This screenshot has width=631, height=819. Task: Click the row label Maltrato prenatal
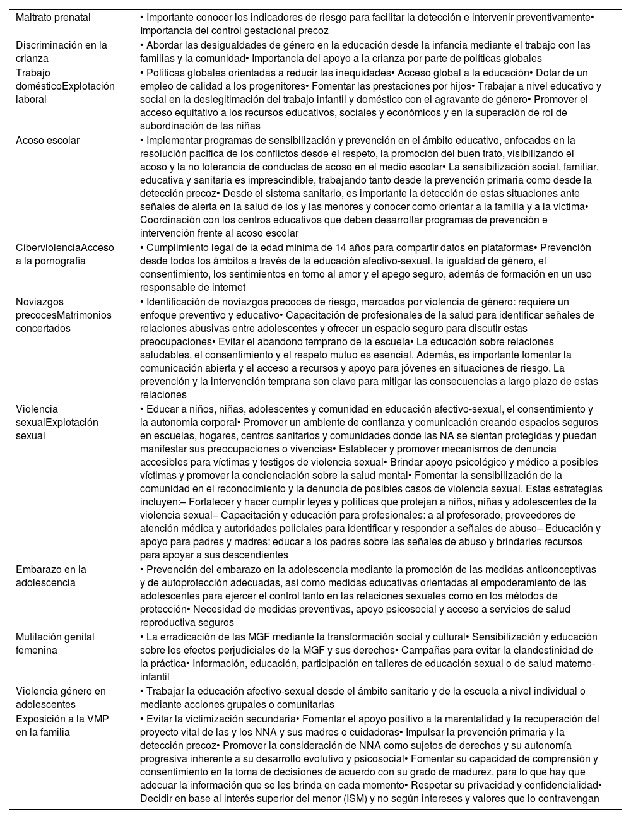pyautogui.click(x=53, y=18)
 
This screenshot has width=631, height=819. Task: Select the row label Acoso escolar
pyautogui.click(x=48, y=141)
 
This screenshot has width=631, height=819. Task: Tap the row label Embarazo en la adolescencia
pyautogui.click(x=51, y=576)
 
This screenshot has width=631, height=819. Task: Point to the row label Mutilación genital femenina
pyautogui.click(x=55, y=644)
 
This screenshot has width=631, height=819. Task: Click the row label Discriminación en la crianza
pyautogui.click(x=61, y=52)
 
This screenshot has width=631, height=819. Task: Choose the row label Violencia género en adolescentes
pyautogui.click(x=61, y=698)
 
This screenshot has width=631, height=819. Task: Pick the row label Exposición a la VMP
pyautogui.click(x=62, y=726)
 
